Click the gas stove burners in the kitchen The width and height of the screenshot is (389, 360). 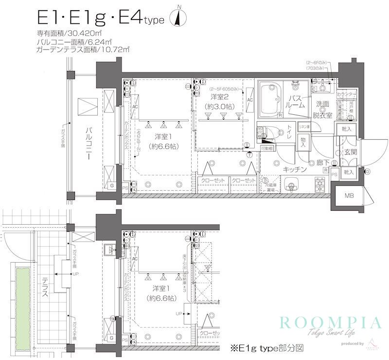pos(321,184)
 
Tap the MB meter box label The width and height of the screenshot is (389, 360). pos(349,196)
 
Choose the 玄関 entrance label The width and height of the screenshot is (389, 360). pos(351,153)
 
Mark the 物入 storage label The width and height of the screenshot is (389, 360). pos(303,142)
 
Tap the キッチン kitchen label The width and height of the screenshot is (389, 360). pos(294,169)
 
